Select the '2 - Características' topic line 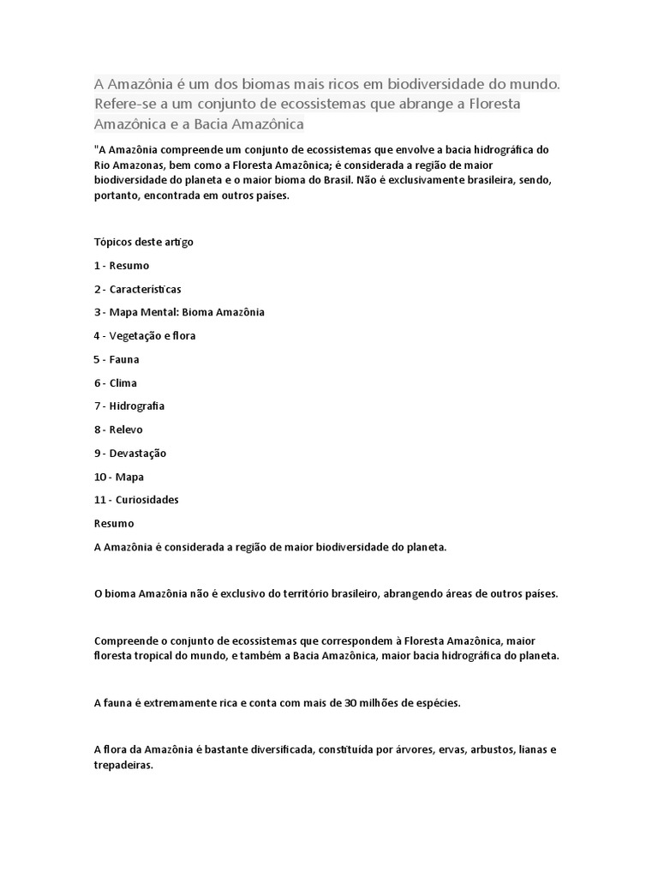[x=138, y=289]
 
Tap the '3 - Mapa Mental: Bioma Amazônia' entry [x=179, y=312]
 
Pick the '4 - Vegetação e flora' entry [x=145, y=335]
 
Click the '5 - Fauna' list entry [x=117, y=359]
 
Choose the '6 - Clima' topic [x=116, y=382]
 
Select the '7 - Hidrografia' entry [x=129, y=406]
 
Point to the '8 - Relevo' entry [x=119, y=430]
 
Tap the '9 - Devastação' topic [x=130, y=453]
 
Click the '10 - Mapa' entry [x=119, y=476]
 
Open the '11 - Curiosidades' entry [x=136, y=499]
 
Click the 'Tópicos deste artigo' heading [x=143, y=242]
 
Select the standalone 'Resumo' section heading [x=113, y=522]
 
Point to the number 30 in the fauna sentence [x=350, y=703]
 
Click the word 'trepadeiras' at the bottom [x=123, y=766]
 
